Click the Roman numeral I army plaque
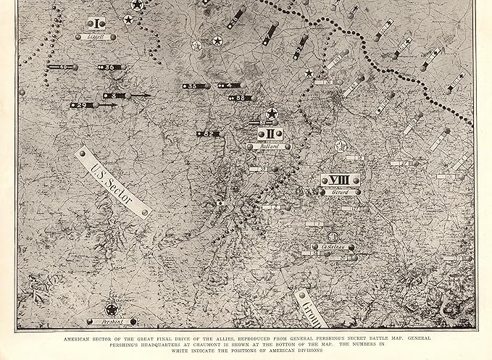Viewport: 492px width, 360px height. [96, 22]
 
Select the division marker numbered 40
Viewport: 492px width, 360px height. [62, 67]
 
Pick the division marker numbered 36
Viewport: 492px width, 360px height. [109, 67]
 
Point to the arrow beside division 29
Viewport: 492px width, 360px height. [107, 106]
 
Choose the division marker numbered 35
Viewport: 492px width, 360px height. [191, 86]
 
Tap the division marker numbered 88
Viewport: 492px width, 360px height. [241, 97]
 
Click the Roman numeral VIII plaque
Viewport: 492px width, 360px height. [340, 180]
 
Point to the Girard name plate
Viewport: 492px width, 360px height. [341, 192]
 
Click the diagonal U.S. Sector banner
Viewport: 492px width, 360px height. [113, 180]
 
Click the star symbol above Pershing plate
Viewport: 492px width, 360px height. [112, 309]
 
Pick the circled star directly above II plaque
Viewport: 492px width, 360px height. [272, 114]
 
